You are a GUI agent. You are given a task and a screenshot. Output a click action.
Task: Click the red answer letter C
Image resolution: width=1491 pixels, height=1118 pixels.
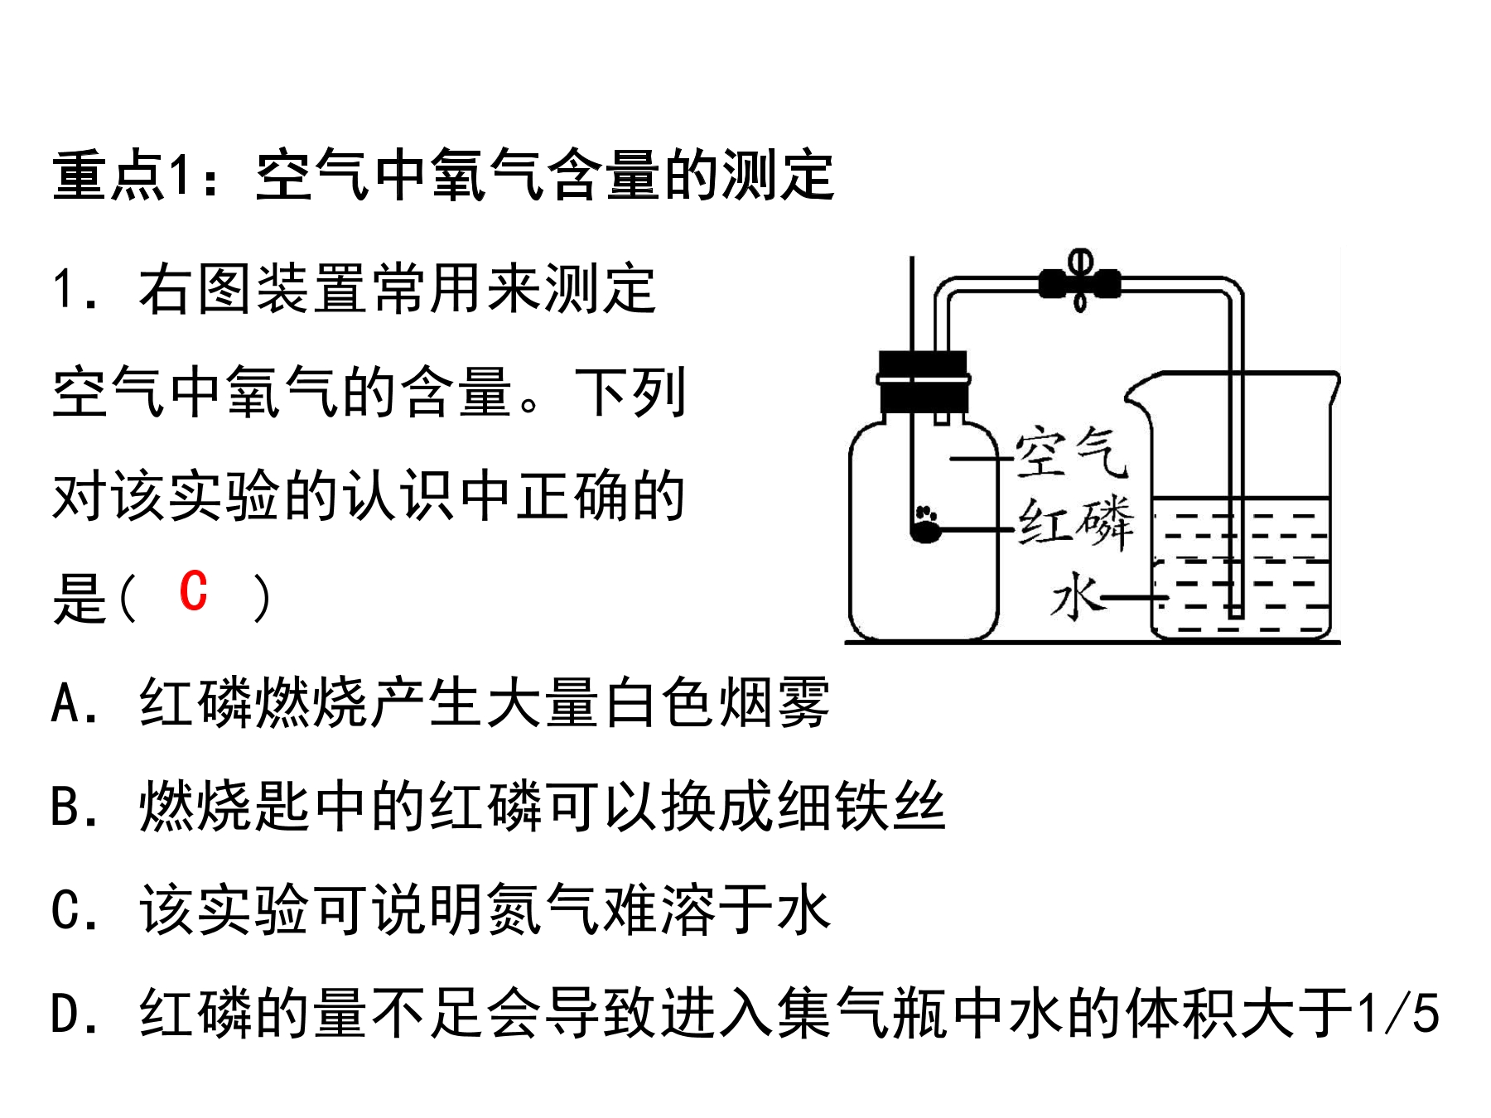(x=193, y=591)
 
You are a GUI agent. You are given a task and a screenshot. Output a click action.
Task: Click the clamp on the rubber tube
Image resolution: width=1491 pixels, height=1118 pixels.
(x=1079, y=282)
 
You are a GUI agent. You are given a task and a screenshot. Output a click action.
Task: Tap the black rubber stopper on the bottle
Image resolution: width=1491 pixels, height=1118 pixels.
(x=923, y=382)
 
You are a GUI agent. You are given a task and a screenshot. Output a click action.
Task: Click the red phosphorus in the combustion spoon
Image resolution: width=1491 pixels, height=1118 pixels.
(x=925, y=527)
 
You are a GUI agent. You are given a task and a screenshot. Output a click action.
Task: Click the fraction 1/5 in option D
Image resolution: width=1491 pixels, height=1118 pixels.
(x=1398, y=1013)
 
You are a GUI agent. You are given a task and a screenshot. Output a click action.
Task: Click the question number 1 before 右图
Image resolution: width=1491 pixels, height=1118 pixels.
(x=65, y=290)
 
